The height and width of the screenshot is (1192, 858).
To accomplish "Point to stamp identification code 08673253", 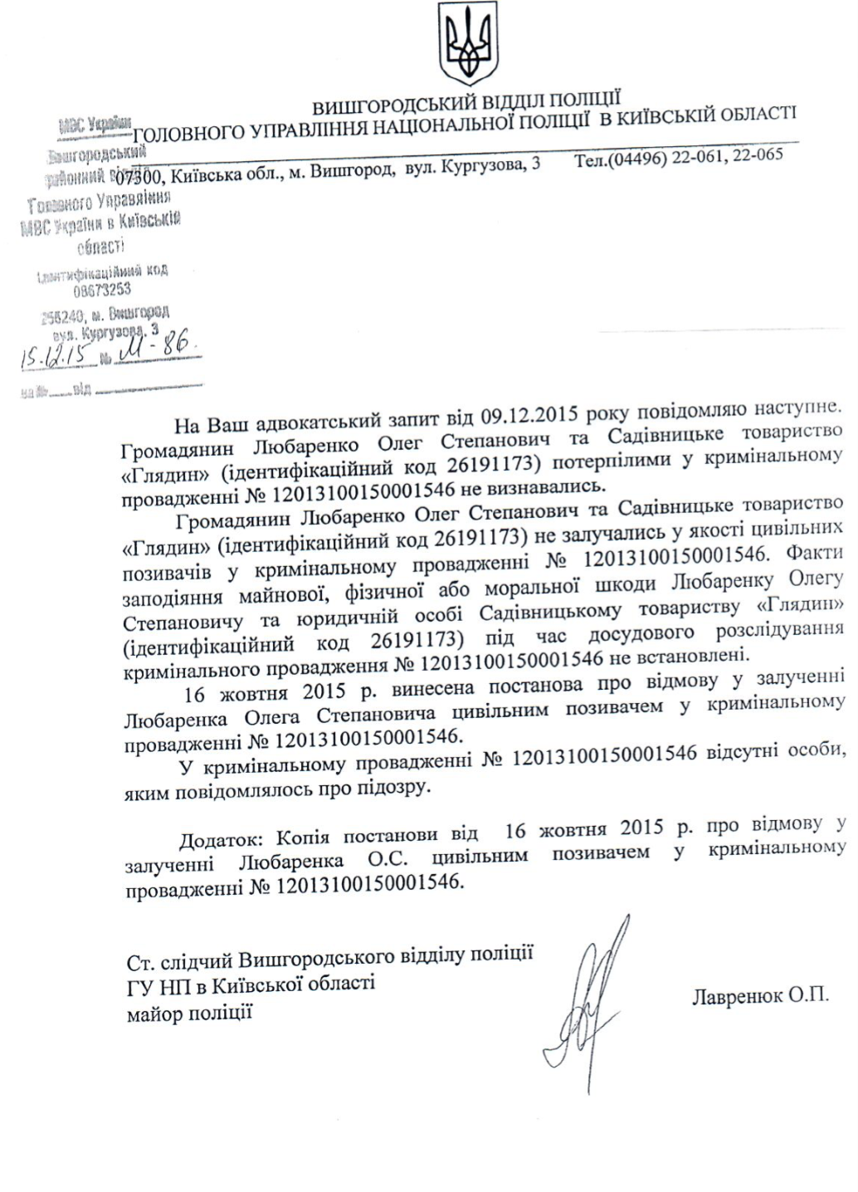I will (102, 290).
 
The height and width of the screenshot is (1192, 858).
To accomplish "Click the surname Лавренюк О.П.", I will (759, 995).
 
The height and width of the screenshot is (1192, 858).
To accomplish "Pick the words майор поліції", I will (190, 1014).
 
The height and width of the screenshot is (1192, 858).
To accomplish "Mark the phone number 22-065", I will (756, 155).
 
